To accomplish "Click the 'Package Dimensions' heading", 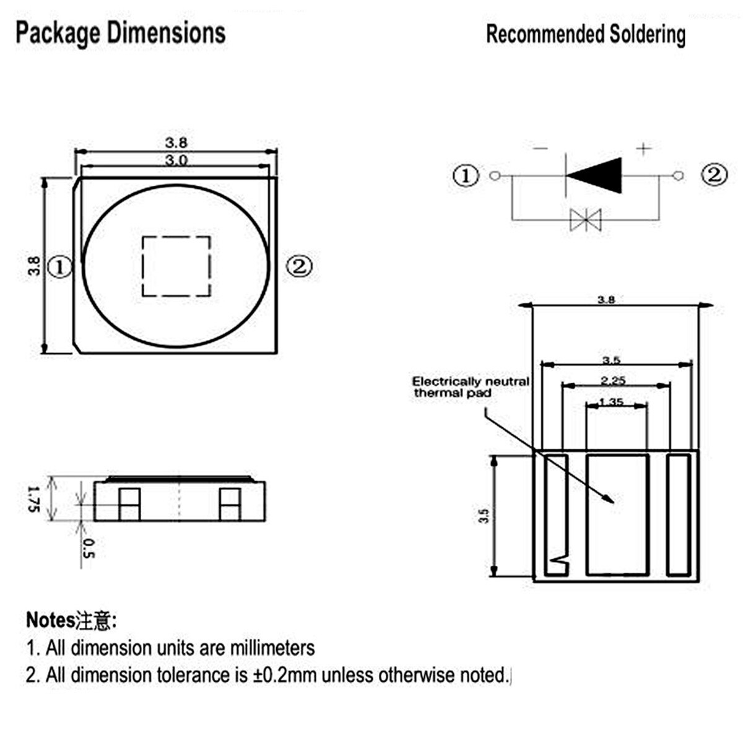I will (x=120, y=33).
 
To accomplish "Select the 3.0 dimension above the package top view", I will (x=176, y=160).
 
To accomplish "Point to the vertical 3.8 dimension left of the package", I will (x=35, y=266).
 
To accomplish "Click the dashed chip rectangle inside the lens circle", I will (x=176, y=266).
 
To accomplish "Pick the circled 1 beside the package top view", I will (x=60, y=267).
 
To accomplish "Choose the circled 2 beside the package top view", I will (x=299, y=267).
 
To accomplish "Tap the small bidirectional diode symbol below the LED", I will (x=585, y=219).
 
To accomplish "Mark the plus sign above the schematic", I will (x=645, y=149).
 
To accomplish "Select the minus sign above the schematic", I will (x=540, y=149).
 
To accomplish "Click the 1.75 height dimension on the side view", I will (x=34, y=498).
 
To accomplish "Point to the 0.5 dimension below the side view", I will (x=88, y=548).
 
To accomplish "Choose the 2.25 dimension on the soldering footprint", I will (x=612, y=380).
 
